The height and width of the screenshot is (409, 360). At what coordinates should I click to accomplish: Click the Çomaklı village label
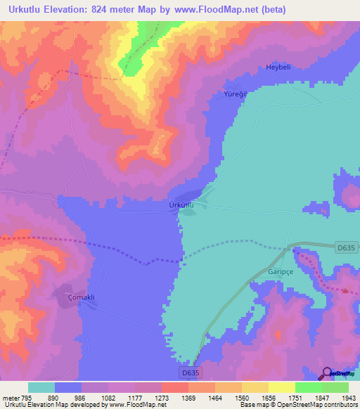[81, 297]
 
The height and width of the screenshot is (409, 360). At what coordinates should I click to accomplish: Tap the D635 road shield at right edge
[345, 247]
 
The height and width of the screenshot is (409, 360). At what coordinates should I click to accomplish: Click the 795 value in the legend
[27, 398]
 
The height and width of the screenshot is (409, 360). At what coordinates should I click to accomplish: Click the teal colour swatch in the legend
[41, 387]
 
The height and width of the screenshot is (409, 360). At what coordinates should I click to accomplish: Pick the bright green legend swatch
[308, 387]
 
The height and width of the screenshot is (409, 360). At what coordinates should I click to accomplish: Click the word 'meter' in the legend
[10, 398]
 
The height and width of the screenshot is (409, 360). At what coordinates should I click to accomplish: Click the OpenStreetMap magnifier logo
[327, 374]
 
